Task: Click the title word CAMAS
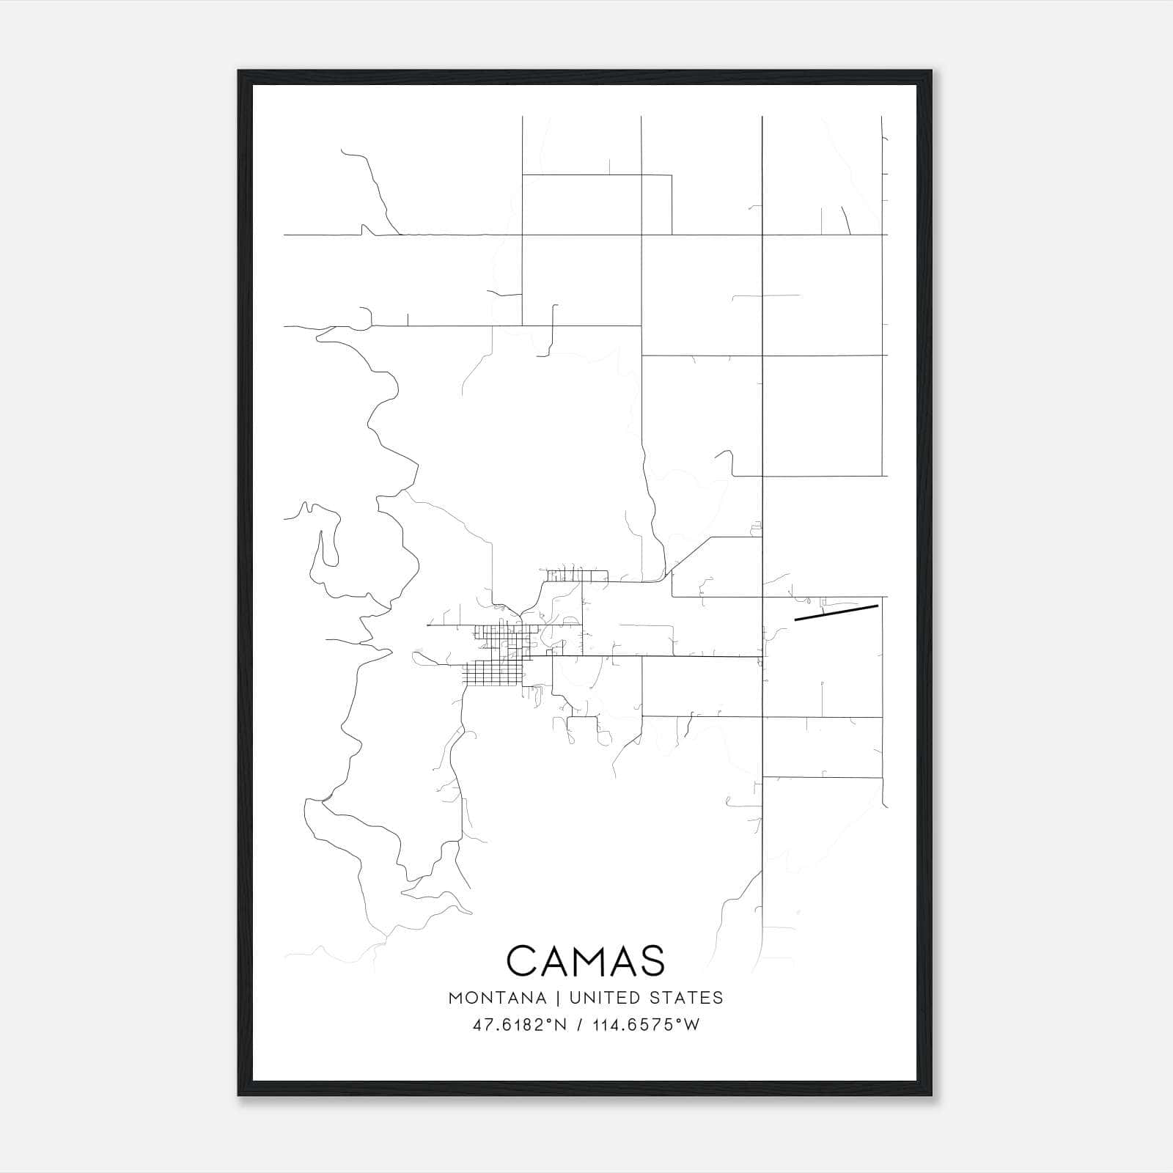pyautogui.click(x=585, y=961)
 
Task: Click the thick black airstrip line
pyautogui.click(x=836, y=613)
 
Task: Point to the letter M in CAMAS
pyautogui.click(x=586, y=961)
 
